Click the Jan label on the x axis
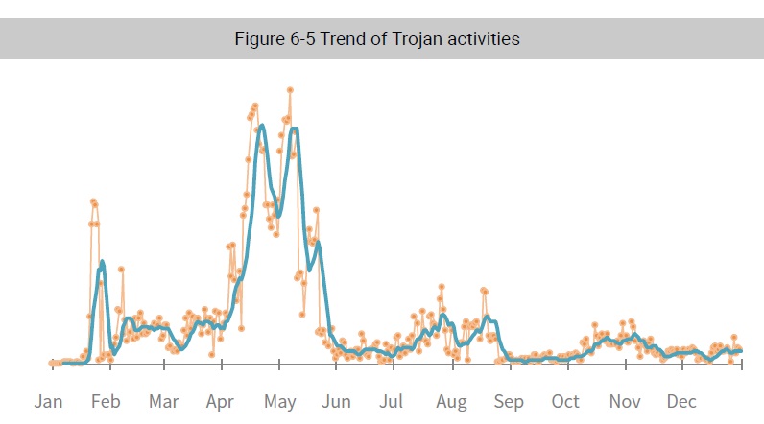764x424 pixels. click(x=49, y=401)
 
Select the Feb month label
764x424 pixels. click(x=106, y=401)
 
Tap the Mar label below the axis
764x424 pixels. click(x=163, y=401)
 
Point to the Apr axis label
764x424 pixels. click(x=221, y=401)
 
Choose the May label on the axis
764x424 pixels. click(x=279, y=401)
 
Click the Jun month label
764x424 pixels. click(x=336, y=401)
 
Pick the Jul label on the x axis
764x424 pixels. click(x=391, y=401)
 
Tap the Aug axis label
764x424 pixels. click(x=451, y=401)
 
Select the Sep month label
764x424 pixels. click(x=509, y=401)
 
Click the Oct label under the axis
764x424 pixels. click(x=565, y=401)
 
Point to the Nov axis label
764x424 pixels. click(x=624, y=401)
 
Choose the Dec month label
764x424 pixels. click(x=681, y=401)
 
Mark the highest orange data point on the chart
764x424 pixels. click(x=289, y=90)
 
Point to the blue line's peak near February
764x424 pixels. click(x=102, y=262)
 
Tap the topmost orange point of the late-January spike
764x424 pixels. click(x=93, y=200)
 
